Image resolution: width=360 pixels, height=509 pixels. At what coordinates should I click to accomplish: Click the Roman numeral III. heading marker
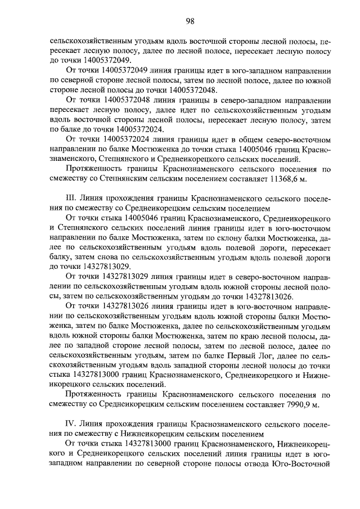(70, 199)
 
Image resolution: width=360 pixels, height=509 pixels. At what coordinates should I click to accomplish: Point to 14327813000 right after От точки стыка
(145, 444)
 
